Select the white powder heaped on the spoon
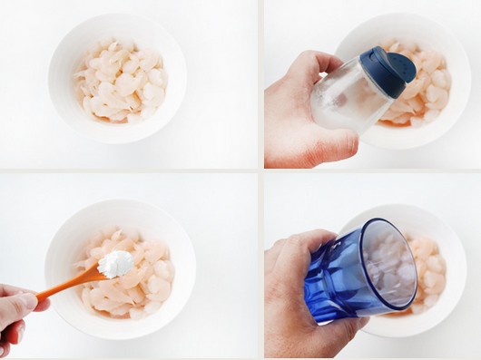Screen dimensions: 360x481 point(115,263)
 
